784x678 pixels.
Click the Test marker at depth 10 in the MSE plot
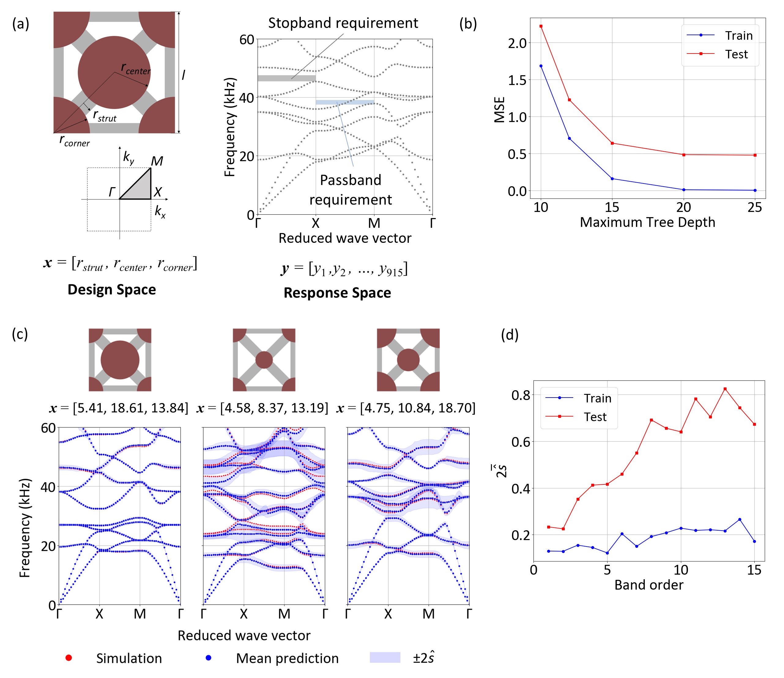pyautogui.click(x=541, y=26)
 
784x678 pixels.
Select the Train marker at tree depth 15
pyautogui.click(x=612, y=179)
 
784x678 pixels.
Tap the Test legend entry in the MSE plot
pyautogui.click(x=736, y=54)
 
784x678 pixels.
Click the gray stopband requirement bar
pyautogui.click(x=286, y=78)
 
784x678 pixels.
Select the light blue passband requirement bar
pyautogui.click(x=345, y=102)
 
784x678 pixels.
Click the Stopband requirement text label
pyautogui.click(x=343, y=23)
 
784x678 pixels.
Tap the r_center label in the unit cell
pyautogui.click(x=136, y=69)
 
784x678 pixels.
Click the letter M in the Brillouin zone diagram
pyautogui.click(x=157, y=161)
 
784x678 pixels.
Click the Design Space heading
pyautogui.click(x=112, y=289)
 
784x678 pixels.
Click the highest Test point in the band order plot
pyautogui.click(x=725, y=389)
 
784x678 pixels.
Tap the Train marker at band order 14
pyautogui.click(x=740, y=520)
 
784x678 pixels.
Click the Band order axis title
pyautogui.click(x=648, y=585)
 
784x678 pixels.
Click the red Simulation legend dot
pyautogui.click(x=69, y=658)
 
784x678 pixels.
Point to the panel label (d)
pyautogui.click(x=509, y=335)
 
